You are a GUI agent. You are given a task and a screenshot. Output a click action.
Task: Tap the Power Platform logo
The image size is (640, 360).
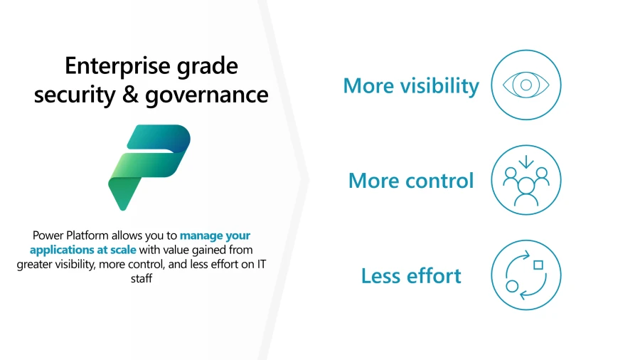pos(149,166)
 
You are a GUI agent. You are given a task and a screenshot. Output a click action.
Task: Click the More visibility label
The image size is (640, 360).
pos(411,86)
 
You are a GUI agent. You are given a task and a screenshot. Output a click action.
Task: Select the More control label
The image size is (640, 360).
pos(411,181)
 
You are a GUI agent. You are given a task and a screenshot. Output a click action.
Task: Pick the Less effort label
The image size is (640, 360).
pos(411,275)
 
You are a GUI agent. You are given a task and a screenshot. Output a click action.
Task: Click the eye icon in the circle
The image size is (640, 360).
pos(526,85)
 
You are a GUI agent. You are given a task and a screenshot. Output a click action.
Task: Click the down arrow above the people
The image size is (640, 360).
pos(526,163)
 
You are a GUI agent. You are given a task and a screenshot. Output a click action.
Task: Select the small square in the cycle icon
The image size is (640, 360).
pos(538,265)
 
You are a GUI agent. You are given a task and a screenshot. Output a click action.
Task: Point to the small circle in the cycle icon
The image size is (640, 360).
pos(512,286)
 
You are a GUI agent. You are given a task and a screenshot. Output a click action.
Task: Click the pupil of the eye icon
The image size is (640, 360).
pos(526,85)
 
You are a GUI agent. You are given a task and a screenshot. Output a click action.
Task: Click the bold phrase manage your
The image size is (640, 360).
pos(215,235)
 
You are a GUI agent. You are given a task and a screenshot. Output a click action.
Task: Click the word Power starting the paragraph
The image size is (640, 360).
pos(48,235)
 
